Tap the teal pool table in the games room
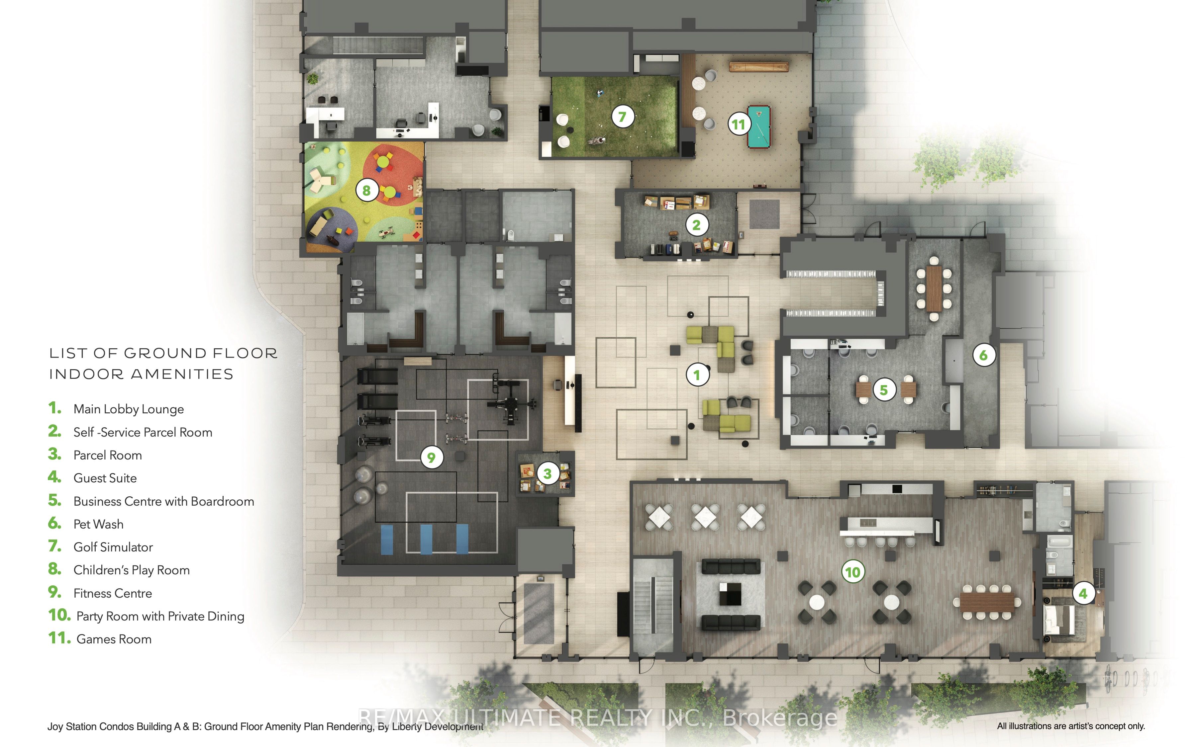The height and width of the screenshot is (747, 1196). (x=758, y=126)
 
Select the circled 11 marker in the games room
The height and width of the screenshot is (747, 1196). (x=738, y=124)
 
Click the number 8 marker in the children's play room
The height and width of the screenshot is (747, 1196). (x=366, y=190)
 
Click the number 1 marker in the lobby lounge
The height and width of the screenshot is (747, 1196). (x=697, y=375)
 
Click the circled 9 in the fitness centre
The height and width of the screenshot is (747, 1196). (x=432, y=457)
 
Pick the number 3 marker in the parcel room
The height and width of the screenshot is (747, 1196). (x=547, y=473)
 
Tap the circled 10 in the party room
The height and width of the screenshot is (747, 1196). (x=852, y=572)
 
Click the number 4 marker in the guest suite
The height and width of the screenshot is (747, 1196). (x=1083, y=593)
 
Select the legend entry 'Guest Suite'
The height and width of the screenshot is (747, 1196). (x=105, y=478)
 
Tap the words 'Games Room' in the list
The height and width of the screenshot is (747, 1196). (x=114, y=639)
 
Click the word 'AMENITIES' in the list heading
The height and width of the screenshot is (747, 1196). (x=182, y=374)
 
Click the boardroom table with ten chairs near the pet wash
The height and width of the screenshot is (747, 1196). (x=934, y=288)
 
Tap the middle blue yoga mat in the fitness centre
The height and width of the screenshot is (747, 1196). (x=426, y=539)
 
